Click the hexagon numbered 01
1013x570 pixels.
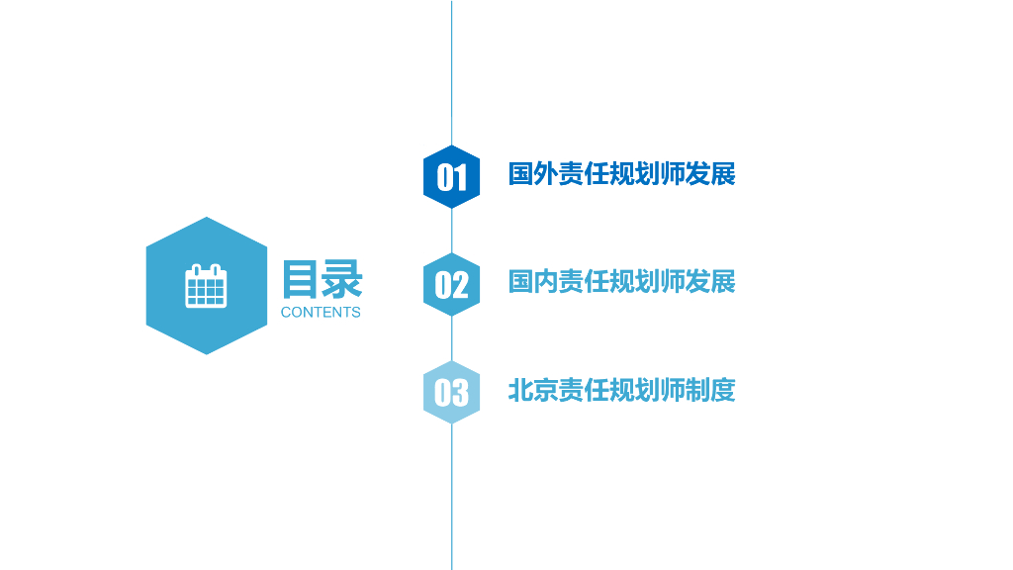(451, 177)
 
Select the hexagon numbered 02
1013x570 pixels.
(451, 285)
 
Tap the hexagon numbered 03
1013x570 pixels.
(451, 393)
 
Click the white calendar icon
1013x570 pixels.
(206, 286)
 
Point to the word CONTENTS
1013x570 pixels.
(321, 313)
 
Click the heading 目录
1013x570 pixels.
(322, 279)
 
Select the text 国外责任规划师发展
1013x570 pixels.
(621, 174)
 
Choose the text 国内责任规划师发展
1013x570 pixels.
(621, 282)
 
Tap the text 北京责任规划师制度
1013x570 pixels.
(621, 390)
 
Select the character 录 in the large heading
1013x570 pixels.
(342, 279)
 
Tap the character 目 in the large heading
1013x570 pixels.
(301, 279)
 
